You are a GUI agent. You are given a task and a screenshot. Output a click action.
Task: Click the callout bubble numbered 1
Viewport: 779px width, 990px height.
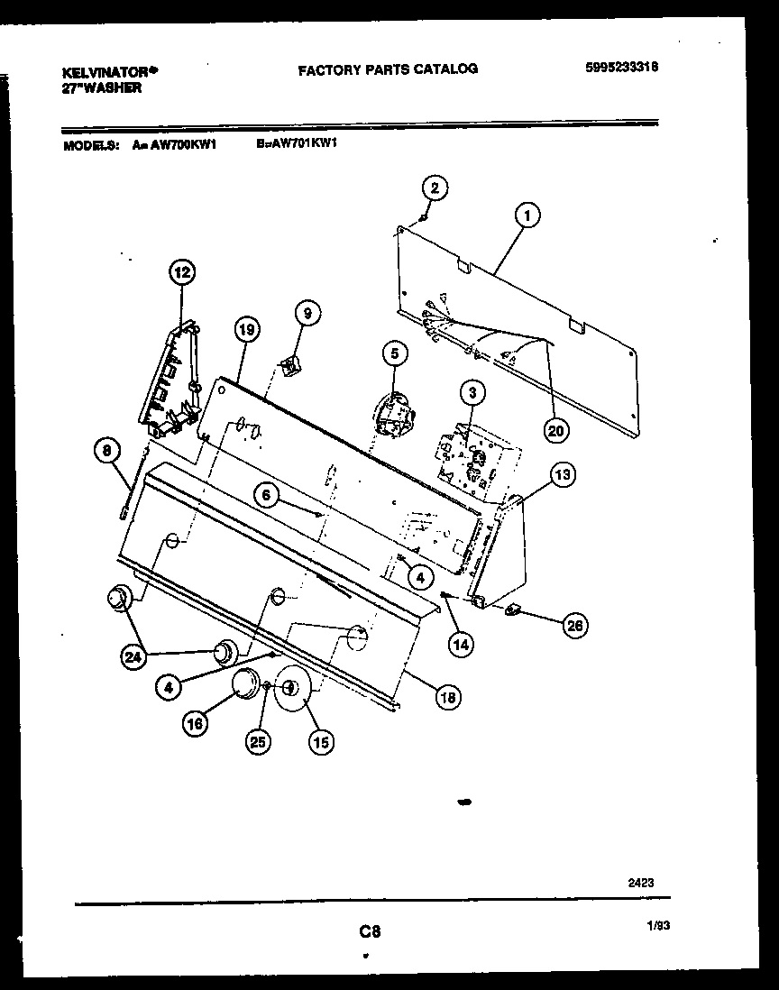coord(527,215)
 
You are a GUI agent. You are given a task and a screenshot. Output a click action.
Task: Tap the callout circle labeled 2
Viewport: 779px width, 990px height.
coord(435,188)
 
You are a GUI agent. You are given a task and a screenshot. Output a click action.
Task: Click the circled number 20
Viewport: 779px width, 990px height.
coord(556,430)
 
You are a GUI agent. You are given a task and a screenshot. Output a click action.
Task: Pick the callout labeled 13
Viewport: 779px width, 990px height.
coord(563,475)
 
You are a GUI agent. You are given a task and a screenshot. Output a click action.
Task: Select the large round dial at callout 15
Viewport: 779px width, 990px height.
coord(291,690)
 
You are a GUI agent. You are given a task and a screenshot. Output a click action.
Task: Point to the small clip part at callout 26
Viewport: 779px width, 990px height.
coord(515,611)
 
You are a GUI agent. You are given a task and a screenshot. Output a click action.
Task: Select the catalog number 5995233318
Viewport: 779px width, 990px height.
coord(621,67)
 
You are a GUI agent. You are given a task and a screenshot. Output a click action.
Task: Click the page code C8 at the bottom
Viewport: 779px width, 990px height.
coord(369,931)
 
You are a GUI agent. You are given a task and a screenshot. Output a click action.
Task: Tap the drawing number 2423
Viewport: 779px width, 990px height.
coord(640,885)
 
